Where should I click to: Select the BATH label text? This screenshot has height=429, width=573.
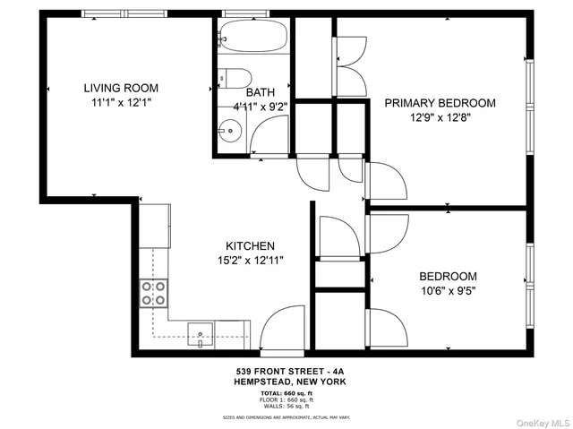click(x=261, y=91)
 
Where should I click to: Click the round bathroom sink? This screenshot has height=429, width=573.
click(x=230, y=132)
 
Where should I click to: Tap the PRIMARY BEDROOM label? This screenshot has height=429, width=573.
click(x=440, y=103)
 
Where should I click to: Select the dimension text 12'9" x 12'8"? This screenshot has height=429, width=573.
click(x=440, y=118)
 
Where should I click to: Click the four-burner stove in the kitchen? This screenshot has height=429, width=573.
click(x=153, y=293)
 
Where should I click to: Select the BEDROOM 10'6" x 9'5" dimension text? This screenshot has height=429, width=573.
click(x=448, y=291)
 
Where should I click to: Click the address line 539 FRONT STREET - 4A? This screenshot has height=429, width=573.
click(x=286, y=371)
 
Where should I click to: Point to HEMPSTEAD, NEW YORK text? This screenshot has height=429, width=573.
click(x=286, y=382)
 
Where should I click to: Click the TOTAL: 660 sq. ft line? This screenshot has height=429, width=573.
click(x=286, y=393)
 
